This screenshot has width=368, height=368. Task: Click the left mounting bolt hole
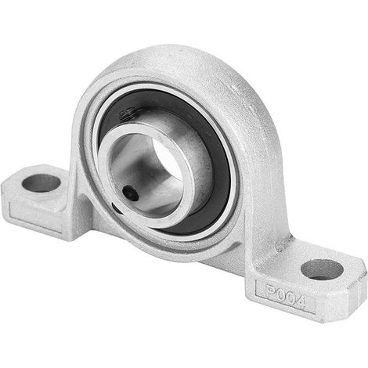tap(41, 183)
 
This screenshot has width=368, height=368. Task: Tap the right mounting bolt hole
tap(322, 269)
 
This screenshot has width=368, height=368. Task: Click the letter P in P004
tap(271, 290)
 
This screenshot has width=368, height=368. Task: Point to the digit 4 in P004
tap(300, 301)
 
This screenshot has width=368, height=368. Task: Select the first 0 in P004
tap(281, 294)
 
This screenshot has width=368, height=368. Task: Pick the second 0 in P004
tap(290, 298)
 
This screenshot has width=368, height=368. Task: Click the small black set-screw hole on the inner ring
tap(131, 193)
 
